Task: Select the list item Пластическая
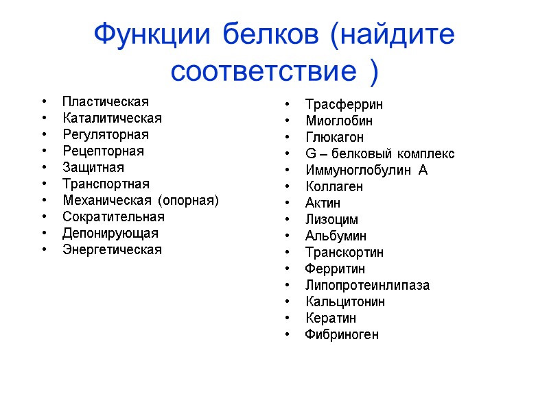click(x=106, y=102)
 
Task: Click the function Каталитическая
click(x=112, y=119)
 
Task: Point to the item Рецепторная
click(x=104, y=151)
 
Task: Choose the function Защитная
click(x=93, y=168)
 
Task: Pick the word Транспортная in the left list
click(x=106, y=184)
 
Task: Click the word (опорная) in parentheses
click(x=188, y=201)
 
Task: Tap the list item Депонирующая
click(x=110, y=234)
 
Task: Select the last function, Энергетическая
click(x=112, y=250)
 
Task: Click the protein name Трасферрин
click(x=344, y=105)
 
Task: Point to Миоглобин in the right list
click(x=339, y=121)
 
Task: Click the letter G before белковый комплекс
click(x=310, y=154)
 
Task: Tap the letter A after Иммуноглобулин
click(x=423, y=171)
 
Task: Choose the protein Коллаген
click(x=334, y=187)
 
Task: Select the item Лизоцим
click(x=331, y=220)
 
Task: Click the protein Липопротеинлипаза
click(x=367, y=286)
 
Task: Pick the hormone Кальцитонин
click(x=345, y=302)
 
